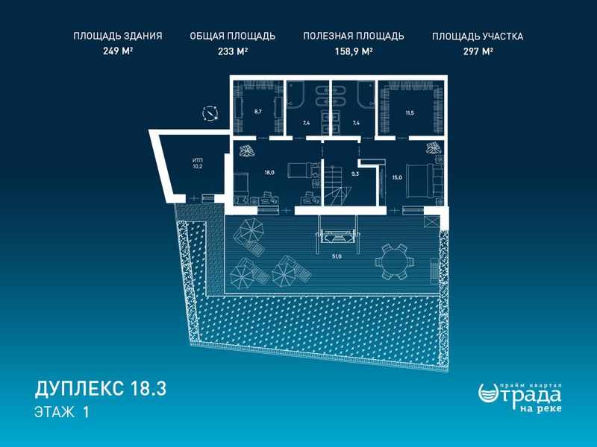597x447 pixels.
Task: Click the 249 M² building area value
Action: pyautogui.click(x=118, y=51)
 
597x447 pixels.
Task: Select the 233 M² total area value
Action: pyautogui.click(x=233, y=51)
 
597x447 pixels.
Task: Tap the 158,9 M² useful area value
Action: pyautogui.click(x=353, y=51)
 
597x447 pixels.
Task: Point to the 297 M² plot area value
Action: pyautogui.click(x=478, y=51)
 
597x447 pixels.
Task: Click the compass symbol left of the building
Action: pyautogui.click(x=210, y=114)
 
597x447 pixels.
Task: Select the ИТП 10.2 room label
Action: pyautogui.click(x=198, y=163)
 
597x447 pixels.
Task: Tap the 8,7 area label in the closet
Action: pyautogui.click(x=258, y=112)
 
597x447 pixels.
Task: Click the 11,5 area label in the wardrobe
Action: pyautogui.click(x=410, y=113)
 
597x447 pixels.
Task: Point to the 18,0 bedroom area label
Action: pyautogui.click(x=269, y=172)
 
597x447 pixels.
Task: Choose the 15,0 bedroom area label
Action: pyautogui.click(x=397, y=177)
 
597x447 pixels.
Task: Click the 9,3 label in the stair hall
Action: pyautogui.click(x=355, y=174)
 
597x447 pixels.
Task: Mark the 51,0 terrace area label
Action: pyautogui.click(x=337, y=256)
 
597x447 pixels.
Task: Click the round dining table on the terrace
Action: pyautogui.click(x=395, y=262)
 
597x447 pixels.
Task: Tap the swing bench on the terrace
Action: pyautogui.click(x=337, y=235)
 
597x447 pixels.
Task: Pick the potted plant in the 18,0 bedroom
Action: pyautogui.click(x=246, y=151)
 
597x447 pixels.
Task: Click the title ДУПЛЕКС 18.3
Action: pyautogui.click(x=101, y=389)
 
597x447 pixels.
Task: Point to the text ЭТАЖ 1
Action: pyautogui.click(x=62, y=412)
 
